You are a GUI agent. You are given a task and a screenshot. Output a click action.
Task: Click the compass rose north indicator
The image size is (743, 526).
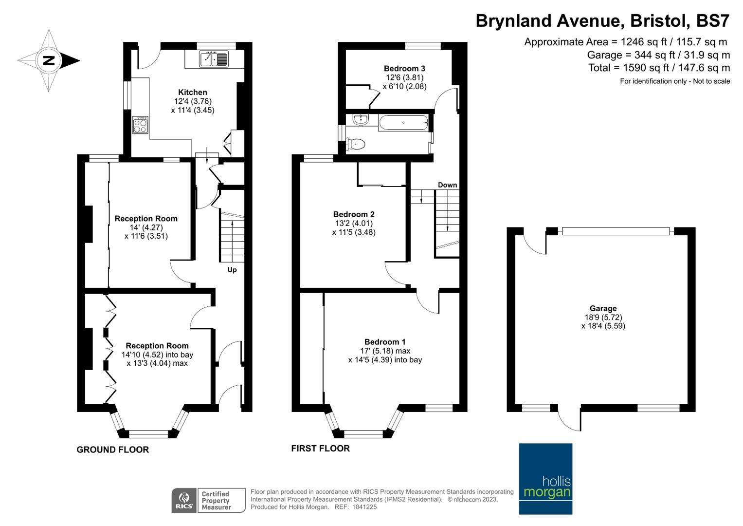point(49,60)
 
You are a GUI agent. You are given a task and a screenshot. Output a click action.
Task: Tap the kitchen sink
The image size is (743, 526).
point(214,59)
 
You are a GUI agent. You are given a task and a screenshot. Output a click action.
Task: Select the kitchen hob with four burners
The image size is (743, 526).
point(140,125)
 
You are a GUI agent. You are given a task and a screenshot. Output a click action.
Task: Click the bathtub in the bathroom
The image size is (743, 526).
point(403,123)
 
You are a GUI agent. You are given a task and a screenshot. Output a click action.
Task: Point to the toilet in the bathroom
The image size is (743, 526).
point(355,144)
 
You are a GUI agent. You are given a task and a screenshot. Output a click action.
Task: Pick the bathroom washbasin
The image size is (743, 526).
point(360,119)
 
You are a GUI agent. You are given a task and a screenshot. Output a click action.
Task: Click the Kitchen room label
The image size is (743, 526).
point(192,93)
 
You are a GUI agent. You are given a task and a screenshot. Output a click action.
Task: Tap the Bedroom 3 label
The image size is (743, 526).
point(404,69)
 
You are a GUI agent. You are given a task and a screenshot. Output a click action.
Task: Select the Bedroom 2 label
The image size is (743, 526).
point(354,214)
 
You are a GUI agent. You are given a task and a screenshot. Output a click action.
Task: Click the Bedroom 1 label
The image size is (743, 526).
point(385,342)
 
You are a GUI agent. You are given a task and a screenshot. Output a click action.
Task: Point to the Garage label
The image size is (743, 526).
point(603,308)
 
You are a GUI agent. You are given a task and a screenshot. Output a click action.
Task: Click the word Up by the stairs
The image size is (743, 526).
point(232,270)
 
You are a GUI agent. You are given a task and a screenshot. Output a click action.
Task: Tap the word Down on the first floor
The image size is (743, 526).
point(447,185)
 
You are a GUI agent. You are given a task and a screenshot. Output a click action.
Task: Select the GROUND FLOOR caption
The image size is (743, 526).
point(113,450)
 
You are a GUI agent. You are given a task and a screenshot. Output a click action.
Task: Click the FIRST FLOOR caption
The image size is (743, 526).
point(321,448)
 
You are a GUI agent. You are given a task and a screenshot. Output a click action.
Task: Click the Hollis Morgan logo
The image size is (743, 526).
point(545,479)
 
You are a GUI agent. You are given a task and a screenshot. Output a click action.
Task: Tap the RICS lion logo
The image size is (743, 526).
point(184,501)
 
